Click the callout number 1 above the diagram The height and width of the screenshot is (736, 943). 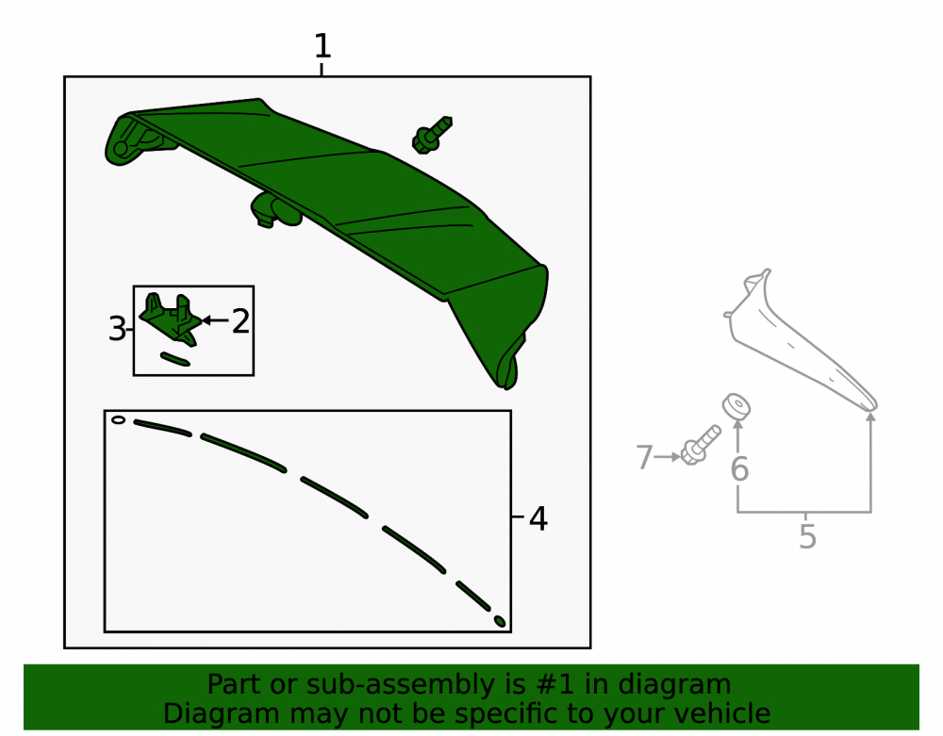tap(323, 45)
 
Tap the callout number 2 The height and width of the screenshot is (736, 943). tap(240, 321)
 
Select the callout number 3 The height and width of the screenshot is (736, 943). tap(117, 329)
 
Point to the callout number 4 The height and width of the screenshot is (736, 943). tap(538, 518)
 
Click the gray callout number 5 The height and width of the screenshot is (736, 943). tap(808, 536)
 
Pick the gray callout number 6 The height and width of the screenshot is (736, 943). tap(739, 469)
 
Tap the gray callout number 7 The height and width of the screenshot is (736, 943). tap(644, 457)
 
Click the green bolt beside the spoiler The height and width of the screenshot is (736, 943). tap(432, 135)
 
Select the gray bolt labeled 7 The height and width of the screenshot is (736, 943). tap(701, 445)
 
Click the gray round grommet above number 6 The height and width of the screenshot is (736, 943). tap(736, 407)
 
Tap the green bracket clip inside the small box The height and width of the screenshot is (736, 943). tap(170, 319)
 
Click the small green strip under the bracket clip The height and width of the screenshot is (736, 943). tap(175, 359)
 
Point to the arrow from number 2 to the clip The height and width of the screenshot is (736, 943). tap(215, 320)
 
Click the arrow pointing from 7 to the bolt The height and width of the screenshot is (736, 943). tap(668, 457)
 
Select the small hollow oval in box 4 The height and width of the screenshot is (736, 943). tap(119, 420)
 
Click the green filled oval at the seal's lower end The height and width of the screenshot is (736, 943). tap(499, 621)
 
